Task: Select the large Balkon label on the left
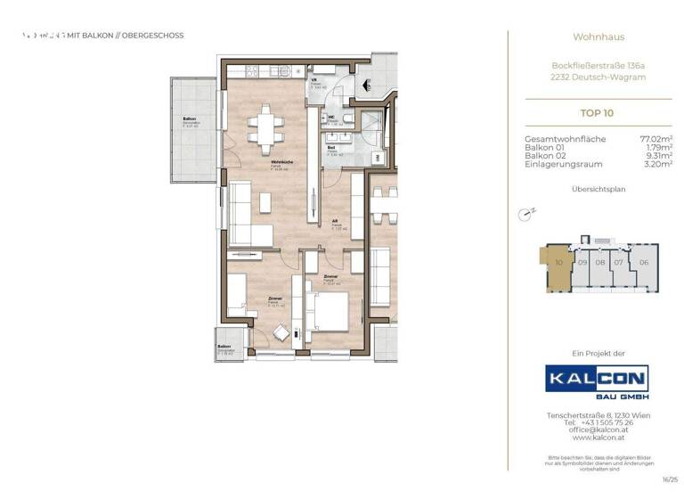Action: [189, 119]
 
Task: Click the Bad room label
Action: [331, 147]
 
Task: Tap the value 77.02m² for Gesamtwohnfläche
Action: [655, 139]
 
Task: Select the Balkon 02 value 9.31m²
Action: [656, 156]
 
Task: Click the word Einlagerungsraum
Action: [564, 164]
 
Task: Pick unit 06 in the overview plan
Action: [643, 263]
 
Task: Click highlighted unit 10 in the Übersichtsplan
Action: [558, 264]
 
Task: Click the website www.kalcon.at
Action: [597, 438]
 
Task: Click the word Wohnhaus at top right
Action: [598, 37]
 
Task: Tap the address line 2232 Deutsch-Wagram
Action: [598, 78]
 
